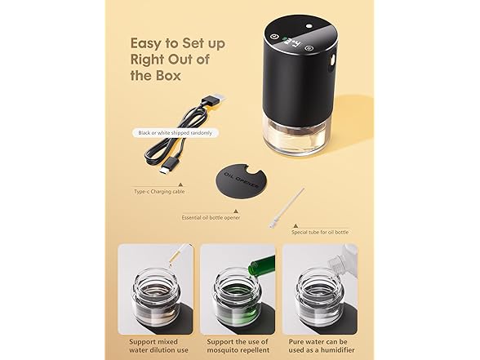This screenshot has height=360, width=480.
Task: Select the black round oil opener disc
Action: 242,180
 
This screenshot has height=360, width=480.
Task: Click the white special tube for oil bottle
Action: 287,208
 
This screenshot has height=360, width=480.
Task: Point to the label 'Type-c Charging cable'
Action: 159,192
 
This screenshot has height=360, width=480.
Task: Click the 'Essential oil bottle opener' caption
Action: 211,218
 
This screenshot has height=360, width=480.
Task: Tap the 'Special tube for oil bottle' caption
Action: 320,232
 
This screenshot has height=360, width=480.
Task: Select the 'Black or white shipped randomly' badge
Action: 176,133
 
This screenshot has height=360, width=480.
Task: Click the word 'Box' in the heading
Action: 168,76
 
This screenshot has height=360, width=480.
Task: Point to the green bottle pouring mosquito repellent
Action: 261,264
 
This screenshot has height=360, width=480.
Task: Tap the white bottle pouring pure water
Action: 342,258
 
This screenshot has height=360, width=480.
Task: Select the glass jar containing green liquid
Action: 238,299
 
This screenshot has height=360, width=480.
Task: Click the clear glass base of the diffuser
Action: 297,138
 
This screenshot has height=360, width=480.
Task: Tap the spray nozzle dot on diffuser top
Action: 309,26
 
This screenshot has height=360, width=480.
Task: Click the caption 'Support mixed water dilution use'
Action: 158,345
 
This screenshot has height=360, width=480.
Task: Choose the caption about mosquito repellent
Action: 238,345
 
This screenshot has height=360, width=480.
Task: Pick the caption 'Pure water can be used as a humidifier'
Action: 321,345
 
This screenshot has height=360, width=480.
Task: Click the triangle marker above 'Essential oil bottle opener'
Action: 236,211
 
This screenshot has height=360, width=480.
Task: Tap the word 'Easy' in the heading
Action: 145,44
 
